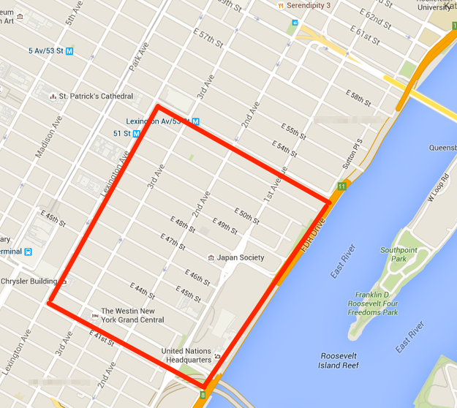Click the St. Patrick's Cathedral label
(96, 96)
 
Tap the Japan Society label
(241, 257)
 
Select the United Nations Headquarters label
(186, 355)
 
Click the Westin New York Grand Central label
(132, 315)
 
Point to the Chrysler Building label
(29, 281)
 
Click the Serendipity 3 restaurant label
(309, 5)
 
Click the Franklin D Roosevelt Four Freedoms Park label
(373, 303)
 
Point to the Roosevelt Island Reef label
(344, 360)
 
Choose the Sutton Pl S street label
(356, 154)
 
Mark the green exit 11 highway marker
(341, 186)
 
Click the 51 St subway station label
(121, 133)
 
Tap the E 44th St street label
(143, 289)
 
